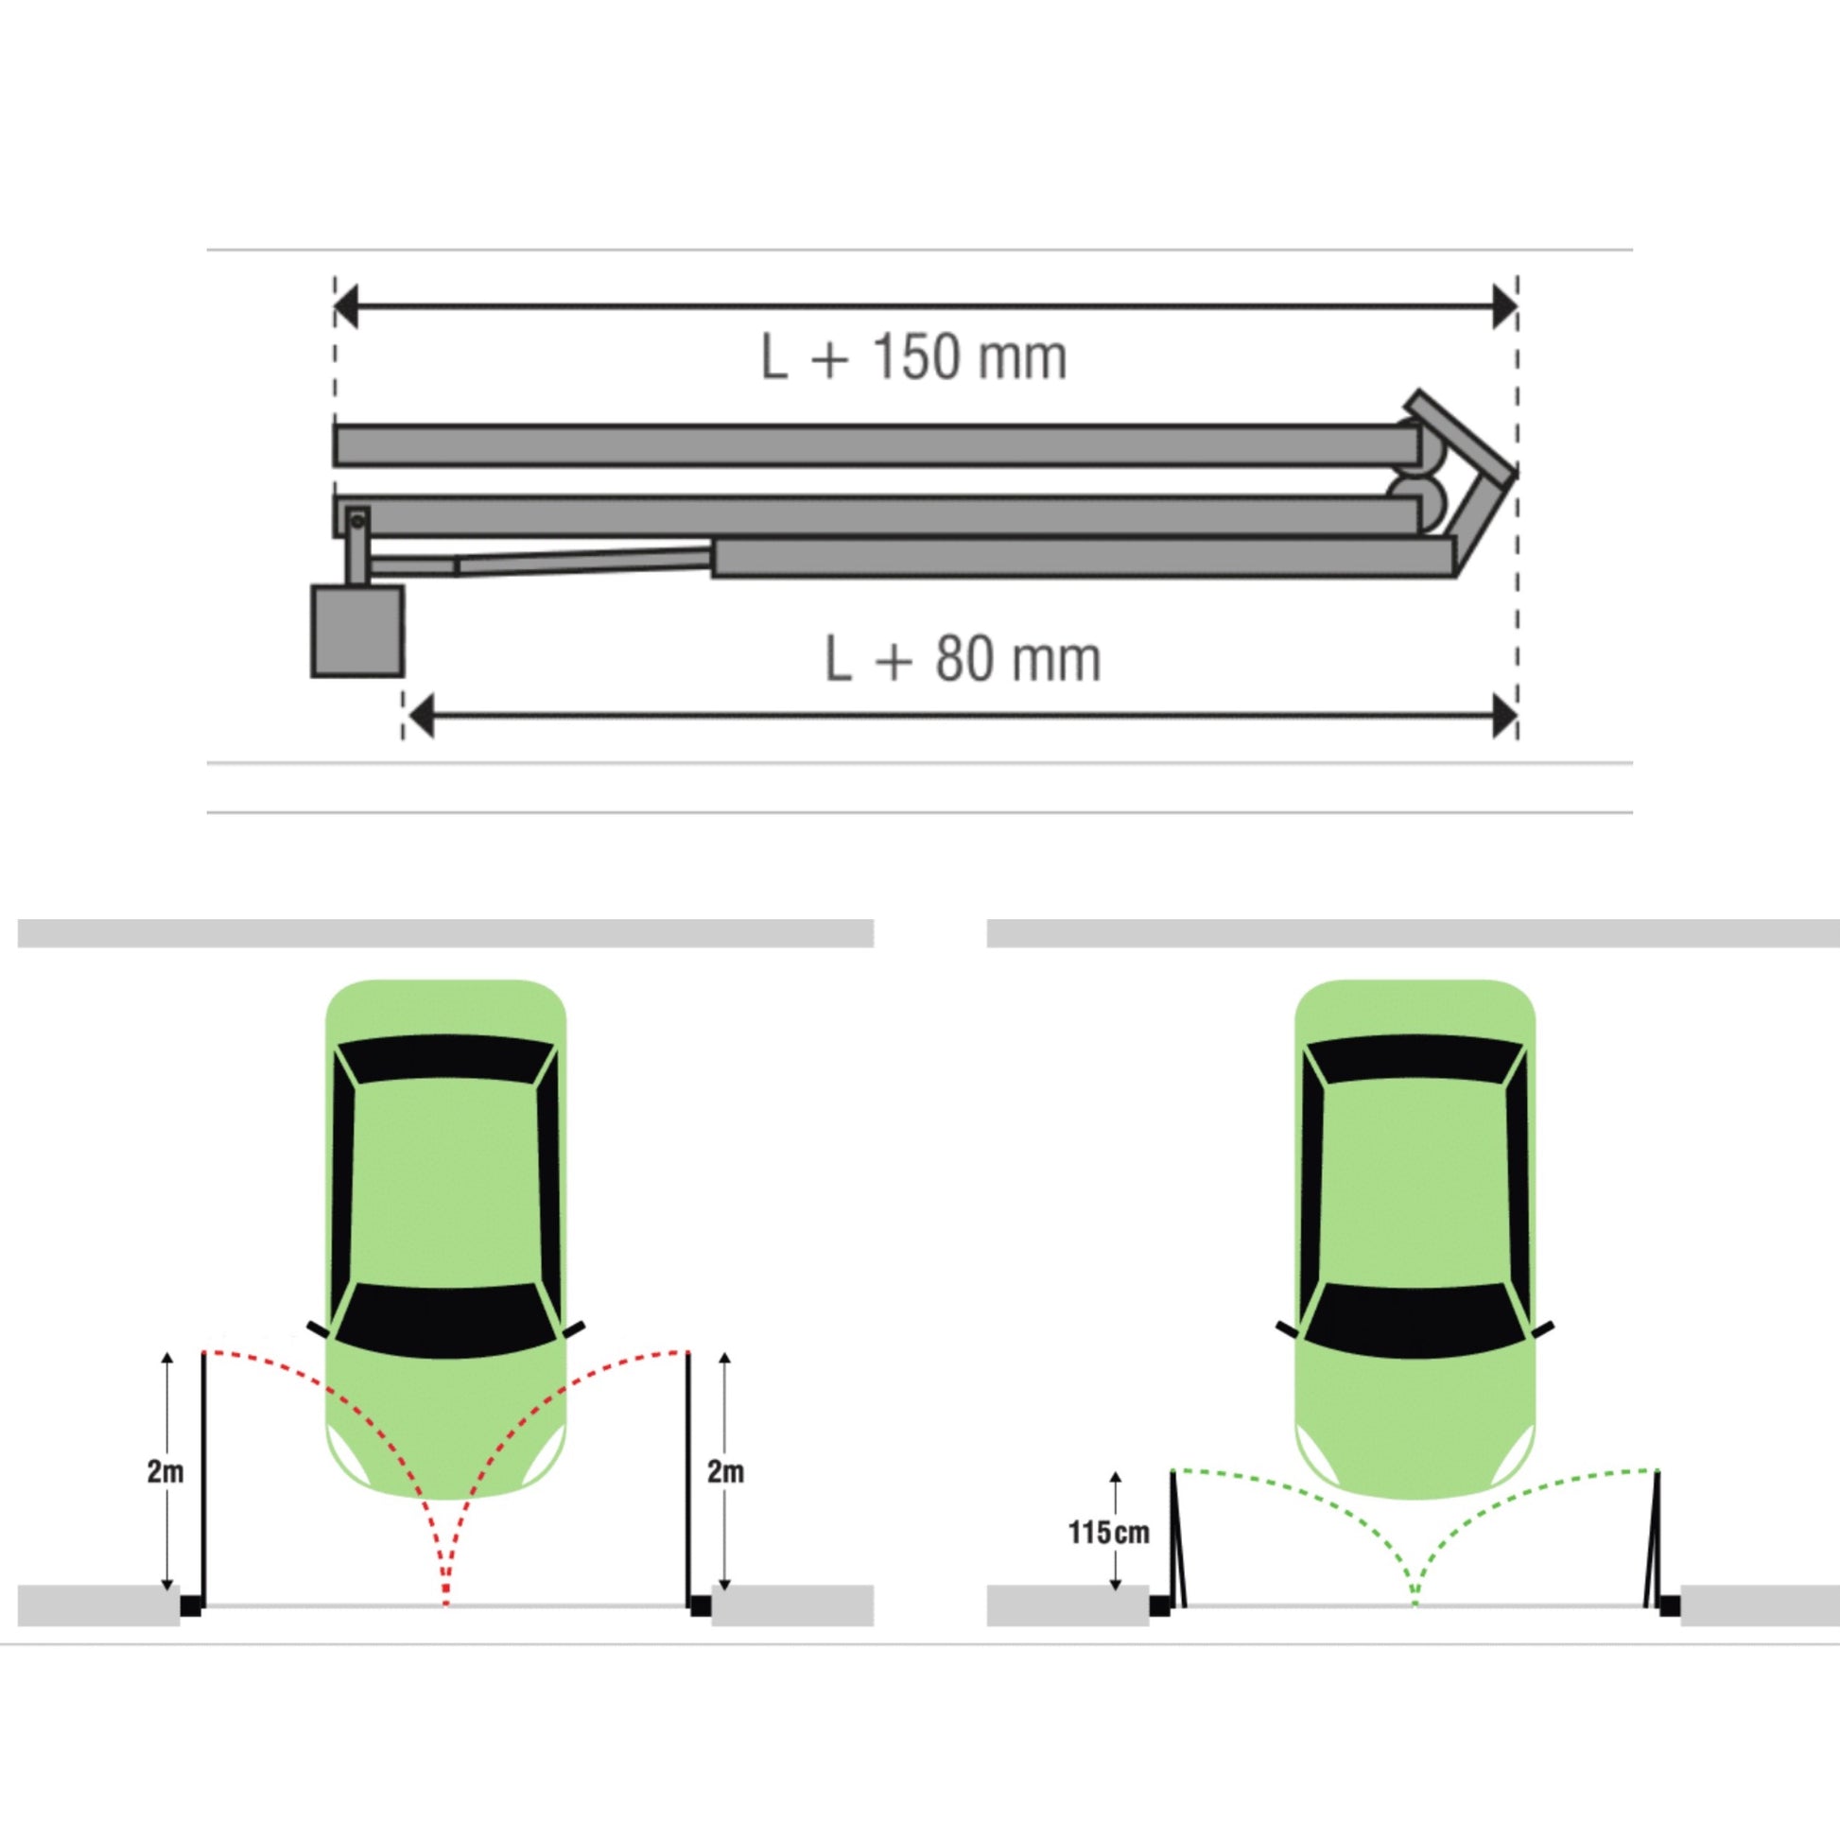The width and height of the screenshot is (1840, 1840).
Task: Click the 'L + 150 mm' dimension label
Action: pyautogui.click(x=913, y=357)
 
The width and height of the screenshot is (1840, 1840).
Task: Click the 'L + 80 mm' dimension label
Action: pyautogui.click(x=963, y=658)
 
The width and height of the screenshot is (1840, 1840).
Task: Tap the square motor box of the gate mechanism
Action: pyautogui.click(x=357, y=632)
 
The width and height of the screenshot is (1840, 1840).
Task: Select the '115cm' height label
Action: pyautogui.click(x=1108, y=1533)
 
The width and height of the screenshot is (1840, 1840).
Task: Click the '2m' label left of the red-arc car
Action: pyautogui.click(x=165, y=1471)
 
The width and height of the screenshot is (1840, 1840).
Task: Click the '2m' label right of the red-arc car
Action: pyautogui.click(x=726, y=1471)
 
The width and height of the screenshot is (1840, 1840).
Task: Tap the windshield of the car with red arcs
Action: pyautogui.click(x=445, y=1321)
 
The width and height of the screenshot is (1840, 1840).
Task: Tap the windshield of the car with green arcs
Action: pyautogui.click(x=1415, y=1321)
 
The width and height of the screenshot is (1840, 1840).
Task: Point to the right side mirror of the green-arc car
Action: pyautogui.click(x=1542, y=1329)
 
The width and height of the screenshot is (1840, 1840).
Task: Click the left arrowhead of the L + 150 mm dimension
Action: pyautogui.click(x=346, y=306)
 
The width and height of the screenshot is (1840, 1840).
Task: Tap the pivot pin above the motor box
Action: pyautogui.click(x=357, y=521)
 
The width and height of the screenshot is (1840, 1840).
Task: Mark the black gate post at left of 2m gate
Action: pyautogui.click(x=191, y=1606)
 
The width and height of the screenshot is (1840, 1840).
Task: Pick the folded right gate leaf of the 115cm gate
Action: pyautogui.click(x=1653, y=1539)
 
